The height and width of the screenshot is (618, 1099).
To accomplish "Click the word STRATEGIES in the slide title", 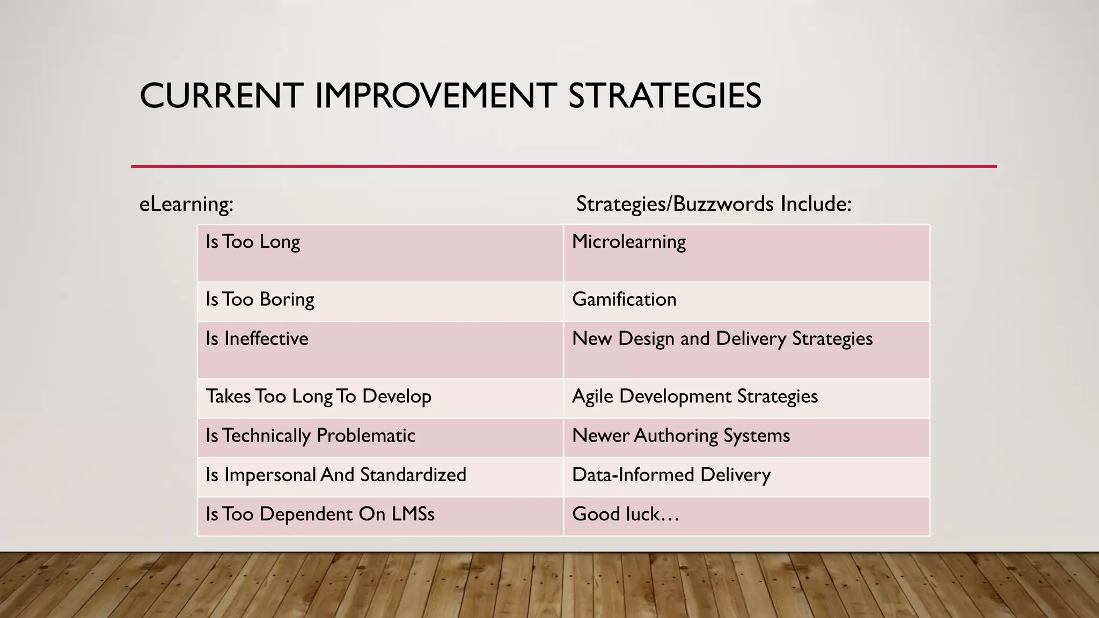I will click(x=664, y=96).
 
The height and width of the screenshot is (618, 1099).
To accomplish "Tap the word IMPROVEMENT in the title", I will click(x=435, y=96).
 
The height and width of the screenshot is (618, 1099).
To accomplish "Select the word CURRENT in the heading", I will click(x=221, y=96).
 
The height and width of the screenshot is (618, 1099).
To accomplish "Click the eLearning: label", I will click(x=186, y=204).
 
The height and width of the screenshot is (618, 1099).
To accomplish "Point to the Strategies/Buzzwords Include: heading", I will click(x=714, y=204).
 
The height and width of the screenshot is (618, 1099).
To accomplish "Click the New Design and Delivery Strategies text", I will click(x=722, y=339).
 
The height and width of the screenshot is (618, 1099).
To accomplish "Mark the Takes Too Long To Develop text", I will click(x=319, y=396).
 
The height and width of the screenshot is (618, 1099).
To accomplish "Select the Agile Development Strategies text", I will click(x=695, y=396).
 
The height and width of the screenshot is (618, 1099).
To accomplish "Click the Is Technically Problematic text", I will click(x=311, y=436).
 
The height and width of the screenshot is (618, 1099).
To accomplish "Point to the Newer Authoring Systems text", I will click(x=681, y=436).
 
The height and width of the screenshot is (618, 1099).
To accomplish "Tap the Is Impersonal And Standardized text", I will click(x=336, y=475).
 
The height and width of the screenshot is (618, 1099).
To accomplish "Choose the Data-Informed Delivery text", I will click(x=671, y=475).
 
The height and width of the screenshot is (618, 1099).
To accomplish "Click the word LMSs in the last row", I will click(x=413, y=514).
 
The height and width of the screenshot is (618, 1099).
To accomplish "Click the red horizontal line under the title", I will click(x=563, y=166).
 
